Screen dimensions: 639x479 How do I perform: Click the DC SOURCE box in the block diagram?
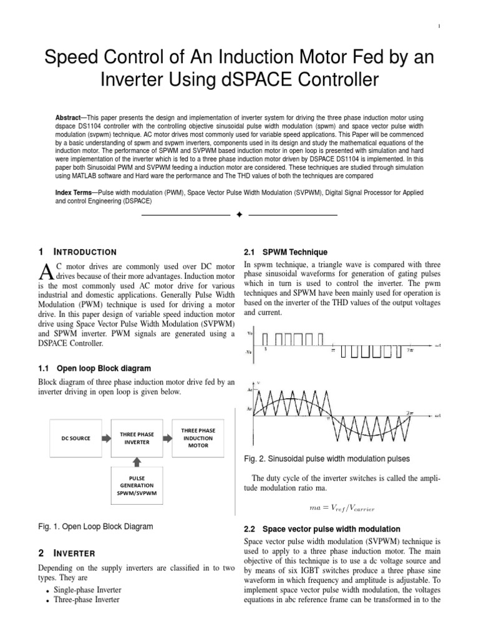click(75, 438)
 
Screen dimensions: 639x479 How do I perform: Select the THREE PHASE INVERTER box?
click(136, 438)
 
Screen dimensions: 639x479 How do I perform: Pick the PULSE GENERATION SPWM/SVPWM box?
click(137, 484)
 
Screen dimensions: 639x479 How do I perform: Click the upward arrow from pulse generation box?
click(137, 461)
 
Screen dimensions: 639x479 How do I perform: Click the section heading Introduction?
click(85, 252)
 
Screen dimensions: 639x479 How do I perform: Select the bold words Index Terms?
click(75, 193)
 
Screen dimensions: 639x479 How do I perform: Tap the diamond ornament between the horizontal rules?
click(239, 215)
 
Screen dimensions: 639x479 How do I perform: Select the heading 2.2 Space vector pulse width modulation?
click(324, 529)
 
